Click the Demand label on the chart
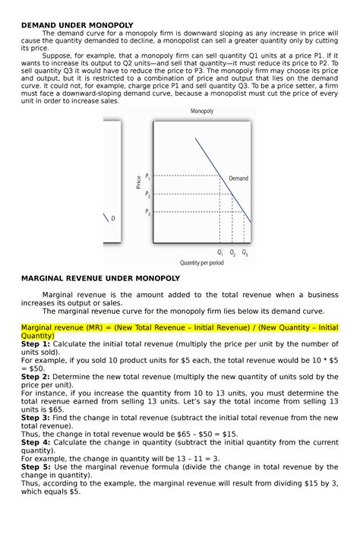[238, 178]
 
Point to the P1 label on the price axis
[148, 177]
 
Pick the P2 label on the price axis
[148, 195]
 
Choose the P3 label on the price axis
[148, 213]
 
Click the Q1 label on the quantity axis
[219, 252]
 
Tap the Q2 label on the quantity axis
[232, 252]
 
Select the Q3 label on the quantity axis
[245, 252]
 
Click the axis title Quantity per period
[201, 263]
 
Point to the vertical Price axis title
[138, 182]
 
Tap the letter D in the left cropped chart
[113, 219]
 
